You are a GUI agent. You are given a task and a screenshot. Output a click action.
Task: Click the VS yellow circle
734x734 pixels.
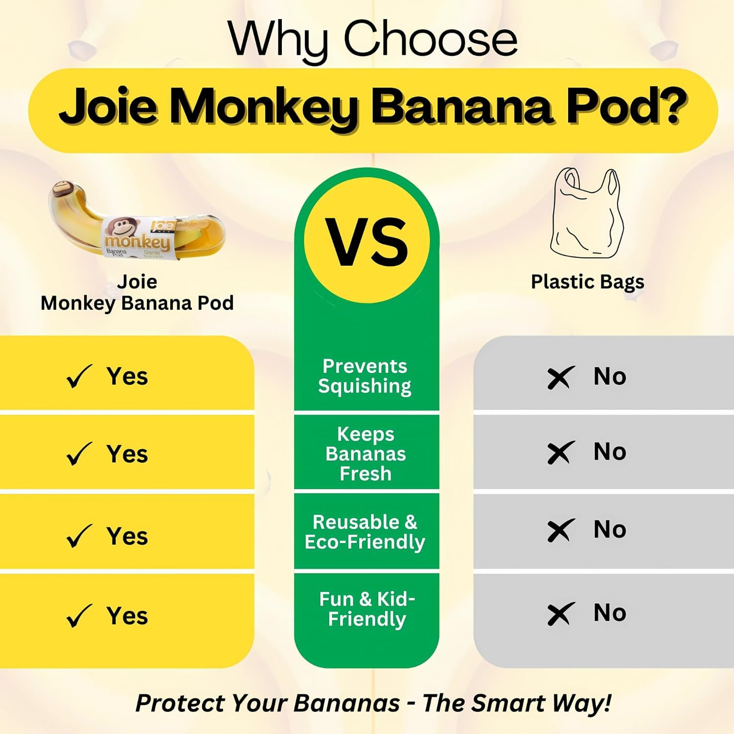(x=367, y=241)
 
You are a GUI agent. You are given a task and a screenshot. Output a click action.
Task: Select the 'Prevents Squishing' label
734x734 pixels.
(x=365, y=376)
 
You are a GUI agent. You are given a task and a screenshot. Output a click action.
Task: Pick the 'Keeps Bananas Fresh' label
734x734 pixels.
(x=366, y=454)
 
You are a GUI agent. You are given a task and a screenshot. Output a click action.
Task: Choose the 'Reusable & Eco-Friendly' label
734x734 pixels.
(x=365, y=532)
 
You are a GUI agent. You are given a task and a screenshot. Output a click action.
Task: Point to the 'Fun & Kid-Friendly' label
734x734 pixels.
(x=367, y=609)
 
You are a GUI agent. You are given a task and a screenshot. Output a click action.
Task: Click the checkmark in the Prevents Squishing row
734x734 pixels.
(x=78, y=377)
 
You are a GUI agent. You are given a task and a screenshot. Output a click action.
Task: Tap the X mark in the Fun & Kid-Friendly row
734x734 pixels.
(x=559, y=614)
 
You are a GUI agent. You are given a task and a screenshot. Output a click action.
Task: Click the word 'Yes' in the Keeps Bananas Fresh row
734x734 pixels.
(x=127, y=454)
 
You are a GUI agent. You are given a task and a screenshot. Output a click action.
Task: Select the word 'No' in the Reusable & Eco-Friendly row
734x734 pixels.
(x=610, y=529)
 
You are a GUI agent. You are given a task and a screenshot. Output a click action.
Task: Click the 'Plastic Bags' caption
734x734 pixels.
(x=587, y=282)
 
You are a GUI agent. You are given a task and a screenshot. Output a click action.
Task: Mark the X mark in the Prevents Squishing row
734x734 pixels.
(x=559, y=378)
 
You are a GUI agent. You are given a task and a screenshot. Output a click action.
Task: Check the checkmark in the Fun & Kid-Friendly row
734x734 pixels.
(x=78, y=616)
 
